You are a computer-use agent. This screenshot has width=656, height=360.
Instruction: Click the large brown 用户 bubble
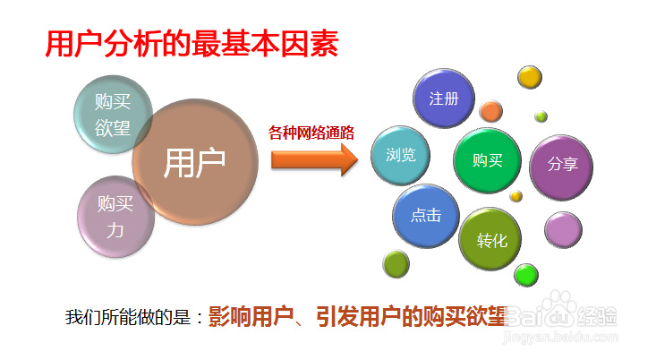[x=195, y=162]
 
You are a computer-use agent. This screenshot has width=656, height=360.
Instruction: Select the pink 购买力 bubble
[x=115, y=216]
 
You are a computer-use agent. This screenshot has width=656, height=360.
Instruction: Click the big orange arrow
[x=315, y=159]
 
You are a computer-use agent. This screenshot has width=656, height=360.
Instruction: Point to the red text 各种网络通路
[x=311, y=133]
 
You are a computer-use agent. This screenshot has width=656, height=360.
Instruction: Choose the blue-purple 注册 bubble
[x=444, y=99]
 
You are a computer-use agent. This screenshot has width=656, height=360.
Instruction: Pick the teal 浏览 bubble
[x=400, y=155]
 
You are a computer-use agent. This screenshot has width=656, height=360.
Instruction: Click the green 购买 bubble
[x=488, y=160]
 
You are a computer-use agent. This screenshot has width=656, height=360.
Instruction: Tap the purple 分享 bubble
[x=561, y=167]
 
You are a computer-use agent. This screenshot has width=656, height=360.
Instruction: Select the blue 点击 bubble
[x=426, y=216]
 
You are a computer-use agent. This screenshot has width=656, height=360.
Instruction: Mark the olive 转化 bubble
[x=490, y=239]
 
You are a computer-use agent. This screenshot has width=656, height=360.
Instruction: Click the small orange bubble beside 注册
[x=490, y=111]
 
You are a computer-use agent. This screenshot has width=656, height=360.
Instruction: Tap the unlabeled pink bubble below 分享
[x=563, y=230]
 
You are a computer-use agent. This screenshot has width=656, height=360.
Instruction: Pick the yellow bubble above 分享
[x=530, y=77]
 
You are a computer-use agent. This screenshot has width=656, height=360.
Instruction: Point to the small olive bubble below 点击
[x=396, y=263]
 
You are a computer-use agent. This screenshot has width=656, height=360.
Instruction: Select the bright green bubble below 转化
[x=526, y=275]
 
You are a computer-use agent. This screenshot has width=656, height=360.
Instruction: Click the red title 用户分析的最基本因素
[x=192, y=44]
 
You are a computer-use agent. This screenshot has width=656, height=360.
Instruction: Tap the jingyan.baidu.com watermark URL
[x=561, y=336]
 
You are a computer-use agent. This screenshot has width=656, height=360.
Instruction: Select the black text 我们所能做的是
[x=128, y=317]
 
